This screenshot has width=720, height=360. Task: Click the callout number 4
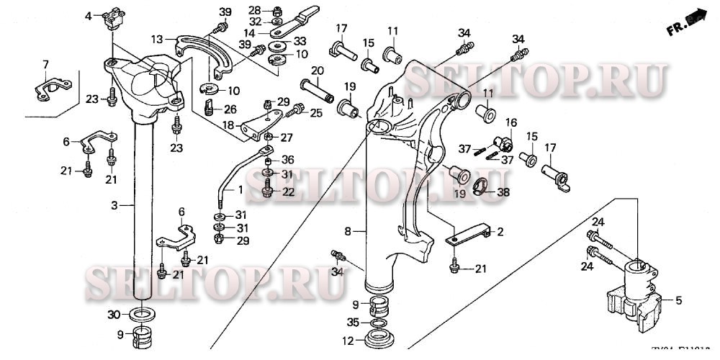(x=89, y=16)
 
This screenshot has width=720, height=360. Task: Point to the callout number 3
(x=113, y=206)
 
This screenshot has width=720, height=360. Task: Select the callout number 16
(x=510, y=122)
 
